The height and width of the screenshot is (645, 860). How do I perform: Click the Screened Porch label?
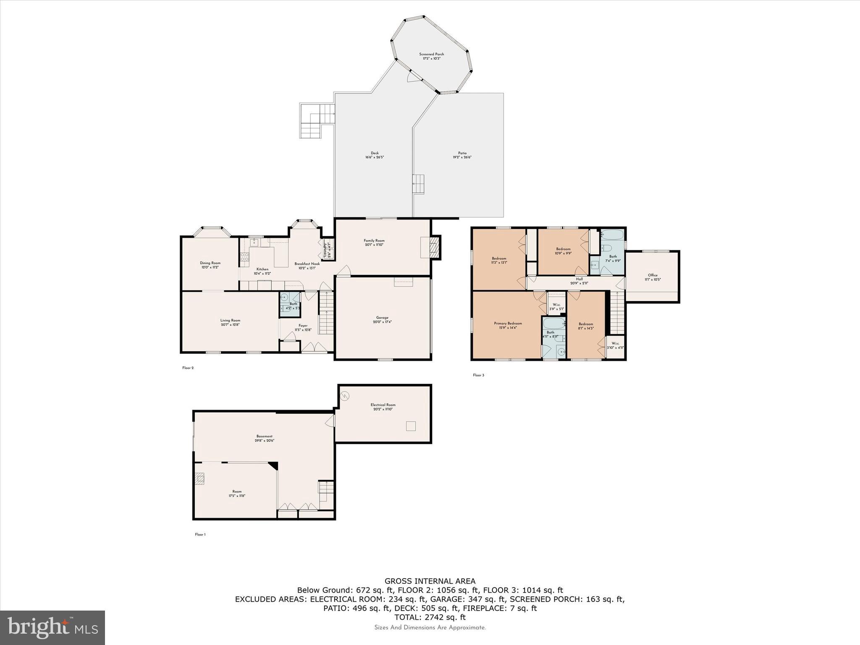(x=431, y=56)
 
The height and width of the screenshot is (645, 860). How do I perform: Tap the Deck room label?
(x=375, y=155)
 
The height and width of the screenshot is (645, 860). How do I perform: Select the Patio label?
(x=462, y=155)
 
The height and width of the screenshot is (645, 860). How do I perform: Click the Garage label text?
(x=382, y=320)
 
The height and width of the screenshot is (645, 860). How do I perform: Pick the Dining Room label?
(x=210, y=265)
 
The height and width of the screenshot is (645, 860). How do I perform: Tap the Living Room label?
(x=230, y=322)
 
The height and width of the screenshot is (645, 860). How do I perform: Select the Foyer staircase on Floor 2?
(x=326, y=313)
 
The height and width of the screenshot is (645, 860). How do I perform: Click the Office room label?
(x=653, y=277)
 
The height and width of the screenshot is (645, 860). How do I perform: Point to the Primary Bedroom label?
(x=508, y=325)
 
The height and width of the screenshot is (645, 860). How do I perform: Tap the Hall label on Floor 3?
(x=579, y=281)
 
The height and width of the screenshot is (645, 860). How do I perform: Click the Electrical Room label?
(x=383, y=407)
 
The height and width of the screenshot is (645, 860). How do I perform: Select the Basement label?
(x=265, y=438)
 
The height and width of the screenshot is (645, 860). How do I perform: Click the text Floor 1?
(x=200, y=535)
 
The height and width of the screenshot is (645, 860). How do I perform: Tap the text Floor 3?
(x=478, y=375)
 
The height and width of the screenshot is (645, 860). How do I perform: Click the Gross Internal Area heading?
(x=430, y=581)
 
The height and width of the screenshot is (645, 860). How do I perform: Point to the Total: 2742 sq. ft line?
(x=430, y=617)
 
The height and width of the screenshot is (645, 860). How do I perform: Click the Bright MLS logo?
(x=52, y=627)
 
